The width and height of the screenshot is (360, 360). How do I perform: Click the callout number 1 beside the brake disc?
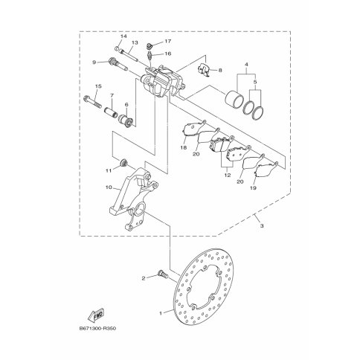[161, 313]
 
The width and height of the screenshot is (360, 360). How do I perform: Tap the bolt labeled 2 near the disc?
[163, 274]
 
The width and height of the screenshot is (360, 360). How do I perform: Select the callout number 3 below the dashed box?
[262, 226]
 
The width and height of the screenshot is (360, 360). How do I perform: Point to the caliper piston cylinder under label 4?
[234, 99]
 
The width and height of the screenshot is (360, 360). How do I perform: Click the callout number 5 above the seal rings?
[255, 81]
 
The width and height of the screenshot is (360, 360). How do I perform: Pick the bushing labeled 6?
[126, 120]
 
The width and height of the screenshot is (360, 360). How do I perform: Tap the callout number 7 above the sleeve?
[112, 95]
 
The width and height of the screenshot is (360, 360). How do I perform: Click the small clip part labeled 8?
[204, 70]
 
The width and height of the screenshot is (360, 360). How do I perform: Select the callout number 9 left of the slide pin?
[94, 62]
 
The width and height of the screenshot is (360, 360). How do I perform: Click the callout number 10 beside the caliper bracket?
[109, 187]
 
